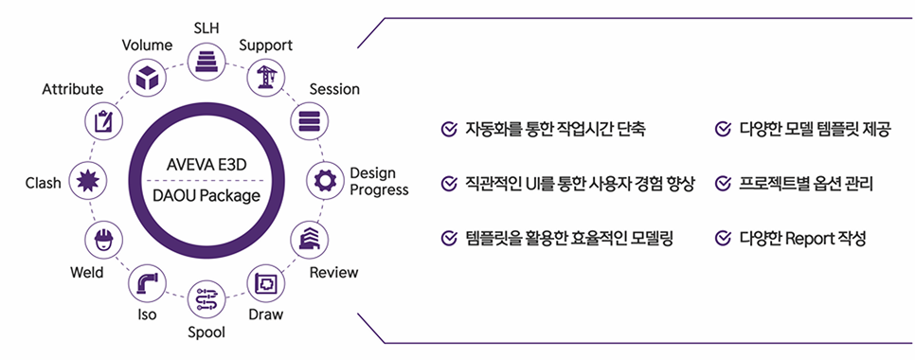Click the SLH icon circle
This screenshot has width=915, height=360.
(x=205, y=62)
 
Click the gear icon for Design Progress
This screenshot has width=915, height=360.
(x=325, y=180)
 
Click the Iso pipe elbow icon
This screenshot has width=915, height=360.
(x=146, y=282)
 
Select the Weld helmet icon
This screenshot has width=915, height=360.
(x=102, y=239)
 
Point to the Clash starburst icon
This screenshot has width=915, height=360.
(x=87, y=180)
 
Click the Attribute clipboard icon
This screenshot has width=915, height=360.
(x=102, y=121)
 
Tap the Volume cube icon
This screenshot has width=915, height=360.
(x=146, y=78)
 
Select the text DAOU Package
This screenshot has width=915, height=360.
(x=205, y=196)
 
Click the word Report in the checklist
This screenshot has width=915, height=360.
(x=810, y=238)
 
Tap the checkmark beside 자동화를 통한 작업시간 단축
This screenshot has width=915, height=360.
(x=449, y=129)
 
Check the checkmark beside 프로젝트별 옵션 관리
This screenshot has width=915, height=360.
(x=723, y=183)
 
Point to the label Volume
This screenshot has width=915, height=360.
(x=147, y=45)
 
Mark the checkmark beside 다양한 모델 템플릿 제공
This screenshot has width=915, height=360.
(x=723, y=129)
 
